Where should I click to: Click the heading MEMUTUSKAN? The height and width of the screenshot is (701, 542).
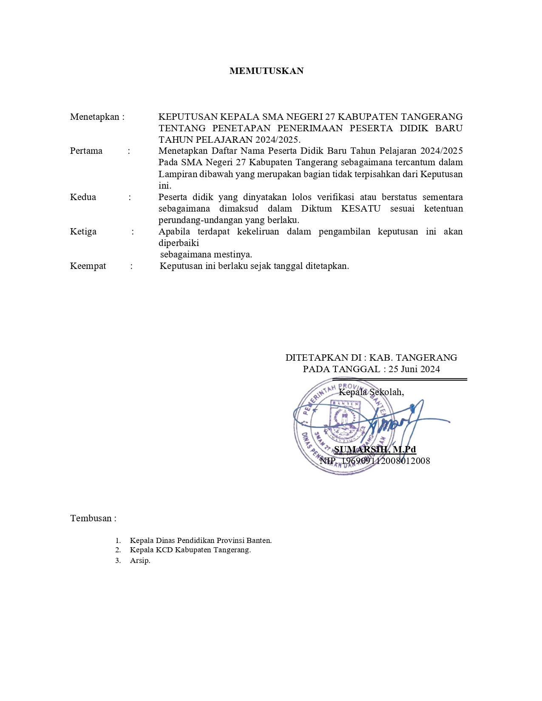point(267,71)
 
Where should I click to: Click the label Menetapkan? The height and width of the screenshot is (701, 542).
point(94,117)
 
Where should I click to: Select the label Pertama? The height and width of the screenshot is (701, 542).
point(86,151)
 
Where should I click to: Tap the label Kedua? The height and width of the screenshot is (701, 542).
point(83,197)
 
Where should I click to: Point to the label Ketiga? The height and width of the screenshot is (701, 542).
point(83,232)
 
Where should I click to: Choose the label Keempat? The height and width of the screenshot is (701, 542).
point(88,266)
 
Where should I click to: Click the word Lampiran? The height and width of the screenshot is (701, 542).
point(178,174)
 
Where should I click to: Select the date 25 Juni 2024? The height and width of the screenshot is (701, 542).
point(414,369)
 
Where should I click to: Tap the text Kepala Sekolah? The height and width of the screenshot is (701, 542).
point(371,392)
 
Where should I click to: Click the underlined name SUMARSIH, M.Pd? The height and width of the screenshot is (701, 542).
point(375,449)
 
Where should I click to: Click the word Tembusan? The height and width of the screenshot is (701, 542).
point(91,518)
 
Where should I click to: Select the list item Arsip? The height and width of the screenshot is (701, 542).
point(140,560)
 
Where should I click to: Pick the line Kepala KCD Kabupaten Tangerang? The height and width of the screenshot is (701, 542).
point(190,550)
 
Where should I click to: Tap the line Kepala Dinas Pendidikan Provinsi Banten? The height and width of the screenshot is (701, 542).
point(201,540)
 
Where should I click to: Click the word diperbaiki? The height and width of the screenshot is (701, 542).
point(179,243)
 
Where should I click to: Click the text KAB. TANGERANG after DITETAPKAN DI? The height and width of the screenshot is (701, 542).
point(413,358)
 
